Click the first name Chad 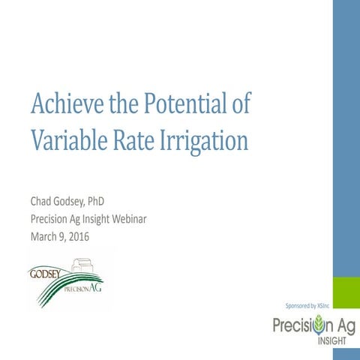[x=43, y=202]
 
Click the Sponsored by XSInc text [x=307, y=305]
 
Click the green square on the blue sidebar [x=346, y=292]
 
